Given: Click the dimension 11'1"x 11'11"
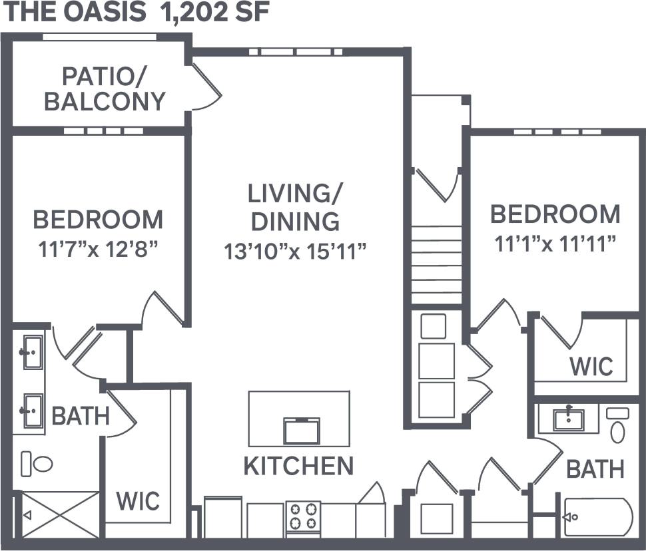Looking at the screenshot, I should click(555, 244).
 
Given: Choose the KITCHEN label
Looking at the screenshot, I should click(298, 466).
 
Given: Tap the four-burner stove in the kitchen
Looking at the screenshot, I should click(303, 516).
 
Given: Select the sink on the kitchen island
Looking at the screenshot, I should click(302, 430).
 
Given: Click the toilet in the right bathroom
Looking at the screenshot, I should click(618, 426).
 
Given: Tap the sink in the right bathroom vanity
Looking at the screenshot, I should click(568, 419).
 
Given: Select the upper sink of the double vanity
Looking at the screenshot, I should click(31, 351).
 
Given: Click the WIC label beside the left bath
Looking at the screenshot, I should click(139, 500).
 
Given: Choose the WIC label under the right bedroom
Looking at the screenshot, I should click(591, 365).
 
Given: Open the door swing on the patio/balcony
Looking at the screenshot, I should click(206, 88).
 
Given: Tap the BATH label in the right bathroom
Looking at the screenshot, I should click(595, 468).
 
